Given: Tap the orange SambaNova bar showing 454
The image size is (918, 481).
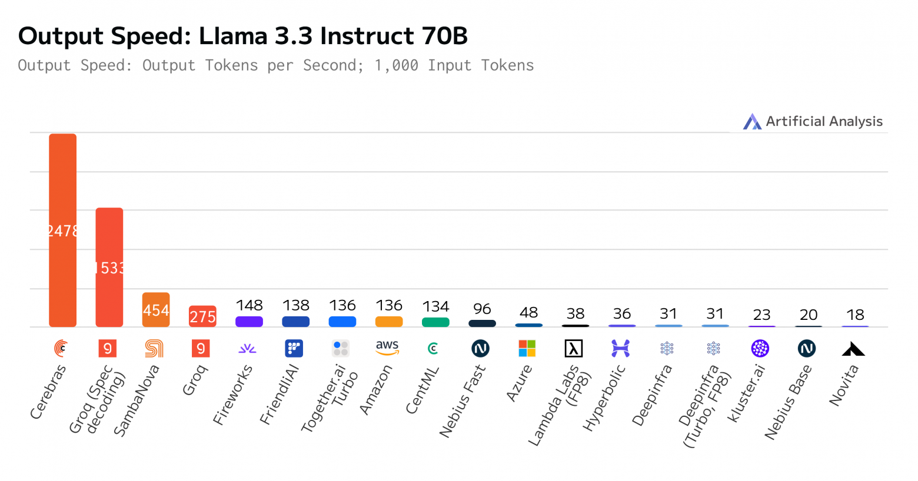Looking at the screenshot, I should tap(156, 310).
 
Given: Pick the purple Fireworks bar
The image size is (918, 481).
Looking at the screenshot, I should tap(249, 322).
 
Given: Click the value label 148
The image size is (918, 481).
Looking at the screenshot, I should tap(249, 305).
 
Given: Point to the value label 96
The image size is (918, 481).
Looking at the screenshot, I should tap(482, 309).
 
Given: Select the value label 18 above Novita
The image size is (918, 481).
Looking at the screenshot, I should tap(855, 315).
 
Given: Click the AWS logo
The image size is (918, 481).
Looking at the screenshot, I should tap(387, 348).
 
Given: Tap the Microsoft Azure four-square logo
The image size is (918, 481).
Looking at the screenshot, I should tap(527, 348).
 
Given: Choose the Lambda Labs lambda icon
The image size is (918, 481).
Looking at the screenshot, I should tap(574, 348).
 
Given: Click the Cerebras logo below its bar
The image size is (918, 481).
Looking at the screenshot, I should tap(61, 348).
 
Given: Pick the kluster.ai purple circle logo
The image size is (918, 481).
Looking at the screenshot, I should tap(760, 348).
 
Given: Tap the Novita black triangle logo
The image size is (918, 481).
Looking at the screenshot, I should tap(853, 349).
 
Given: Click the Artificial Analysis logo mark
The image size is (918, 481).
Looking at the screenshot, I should tap(752, 122).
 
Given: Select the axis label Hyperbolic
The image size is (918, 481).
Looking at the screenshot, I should tap(604, 399).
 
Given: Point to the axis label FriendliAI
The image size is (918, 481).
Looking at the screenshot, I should tap(280, 395).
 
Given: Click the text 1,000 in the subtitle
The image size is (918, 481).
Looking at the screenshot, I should tap(396, 65).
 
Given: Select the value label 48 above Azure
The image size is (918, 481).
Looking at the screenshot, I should tap(528, 312).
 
